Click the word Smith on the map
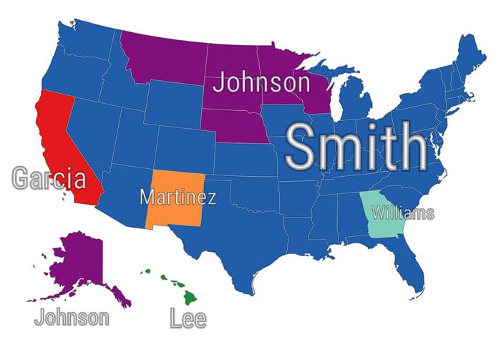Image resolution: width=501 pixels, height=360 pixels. pos(356,147)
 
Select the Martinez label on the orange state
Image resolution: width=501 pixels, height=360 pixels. pos(177,196)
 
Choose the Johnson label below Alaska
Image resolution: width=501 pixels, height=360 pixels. pos(72,316)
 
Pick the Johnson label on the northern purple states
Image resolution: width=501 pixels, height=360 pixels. pos(261,82)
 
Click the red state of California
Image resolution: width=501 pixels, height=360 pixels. pos(61,143)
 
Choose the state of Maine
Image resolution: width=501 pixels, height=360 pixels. pos(469,57)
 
